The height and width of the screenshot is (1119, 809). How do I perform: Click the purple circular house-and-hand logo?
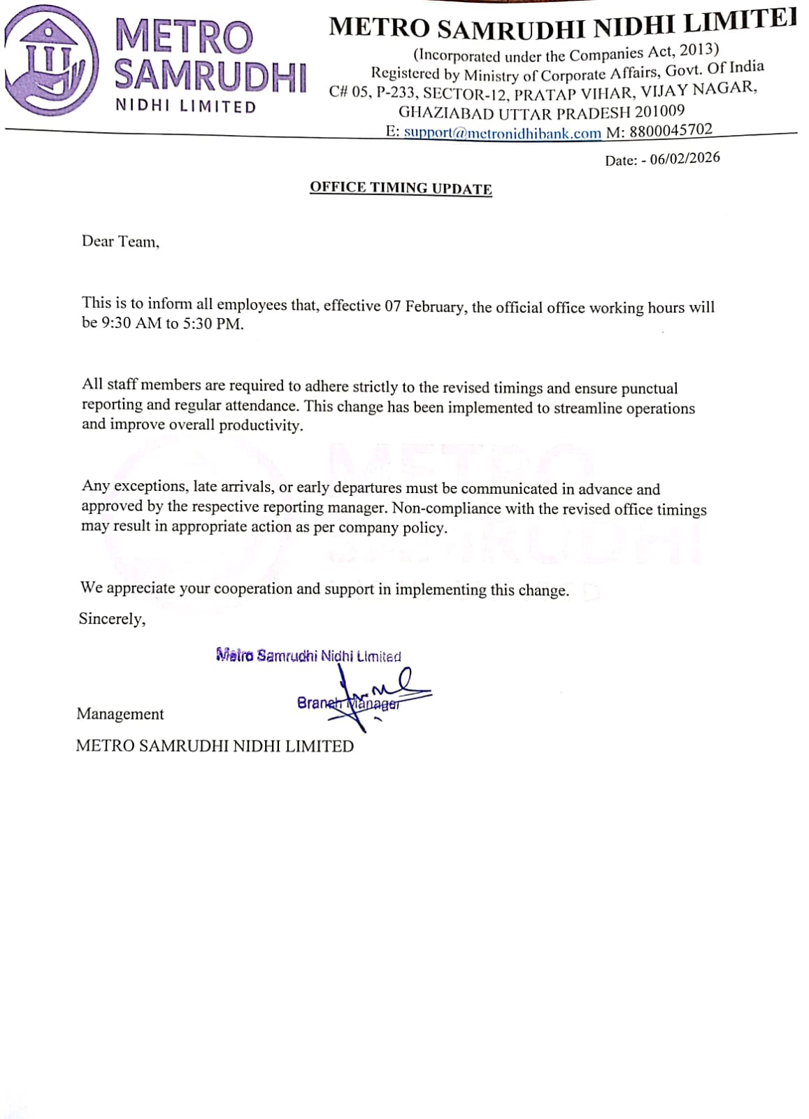pos(51,61)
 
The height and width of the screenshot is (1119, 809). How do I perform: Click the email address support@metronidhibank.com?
pos(502,133)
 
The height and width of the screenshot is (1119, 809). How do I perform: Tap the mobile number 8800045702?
pos(671,131)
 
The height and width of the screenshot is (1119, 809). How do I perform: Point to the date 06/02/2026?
pos(685,158)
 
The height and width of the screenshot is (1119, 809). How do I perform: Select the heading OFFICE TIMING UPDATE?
pos(401,188)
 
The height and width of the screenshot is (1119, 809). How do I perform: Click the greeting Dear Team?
pos(120,242)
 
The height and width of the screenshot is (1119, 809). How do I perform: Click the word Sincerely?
pos(112,619)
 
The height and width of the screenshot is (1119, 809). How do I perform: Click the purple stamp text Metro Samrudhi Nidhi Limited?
pos(308,656)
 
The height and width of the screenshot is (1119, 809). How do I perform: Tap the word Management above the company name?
pos(120,714)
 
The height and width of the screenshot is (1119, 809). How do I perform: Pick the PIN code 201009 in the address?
pos(659,111)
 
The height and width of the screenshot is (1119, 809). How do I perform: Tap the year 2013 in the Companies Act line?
pos(696,50)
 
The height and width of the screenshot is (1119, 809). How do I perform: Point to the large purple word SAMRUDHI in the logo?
pos(210,76)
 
